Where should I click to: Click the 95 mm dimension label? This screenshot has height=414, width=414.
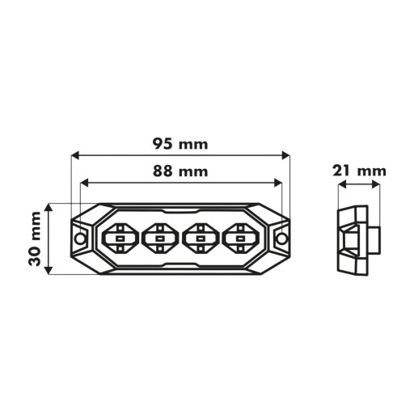pos(180,144)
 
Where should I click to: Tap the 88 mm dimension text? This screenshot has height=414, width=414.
pos(180,171)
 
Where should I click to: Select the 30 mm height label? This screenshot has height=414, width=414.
pos(35,239)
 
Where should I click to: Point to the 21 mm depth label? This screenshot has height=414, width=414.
pos(359,171)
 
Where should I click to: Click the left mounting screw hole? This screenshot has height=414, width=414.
pos(80,239)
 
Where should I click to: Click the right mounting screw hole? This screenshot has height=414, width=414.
pos(281,239)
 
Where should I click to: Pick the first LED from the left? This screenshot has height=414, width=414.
pos(120,239)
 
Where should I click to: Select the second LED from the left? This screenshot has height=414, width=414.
pos(160,239)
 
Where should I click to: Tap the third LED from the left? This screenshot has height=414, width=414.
pos(200,239)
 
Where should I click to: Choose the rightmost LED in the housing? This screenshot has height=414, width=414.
pos(239,239)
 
